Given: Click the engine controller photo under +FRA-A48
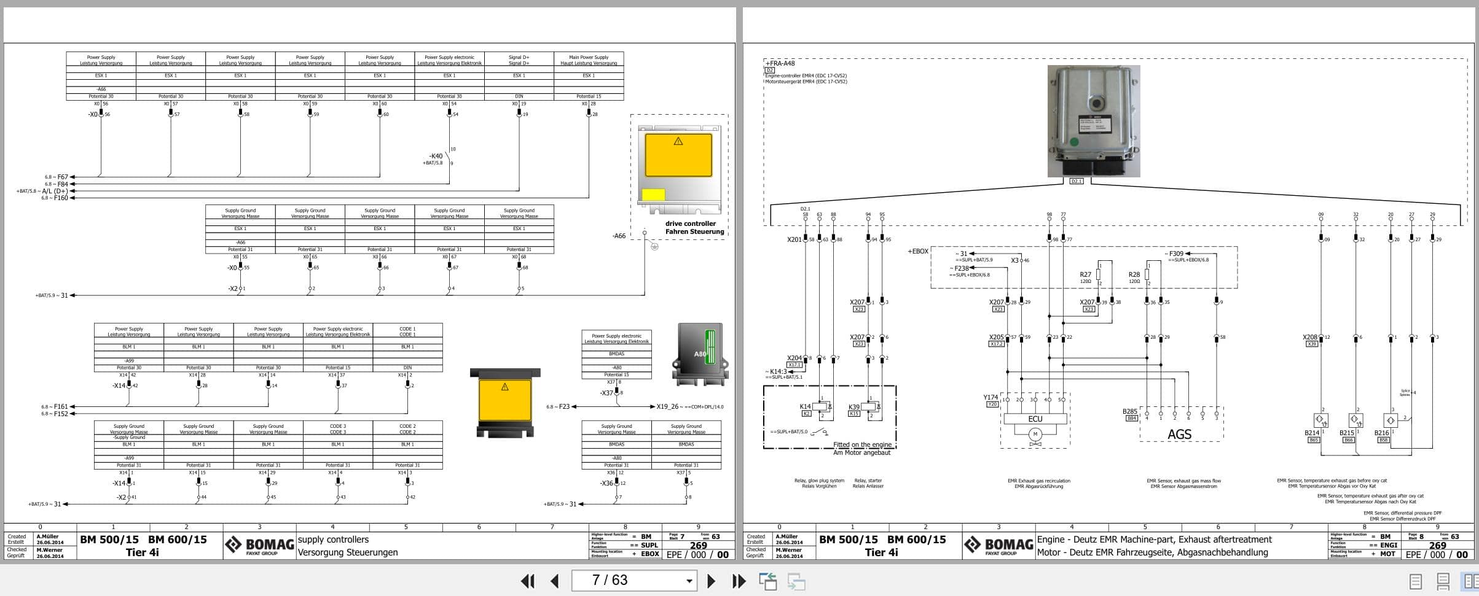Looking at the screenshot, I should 1093,121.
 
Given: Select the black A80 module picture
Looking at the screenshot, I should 700,354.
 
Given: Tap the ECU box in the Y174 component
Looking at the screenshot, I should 1035,419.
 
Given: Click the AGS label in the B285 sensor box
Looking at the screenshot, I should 1179,434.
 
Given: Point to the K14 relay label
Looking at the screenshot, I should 805,406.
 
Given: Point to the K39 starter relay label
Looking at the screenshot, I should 853,407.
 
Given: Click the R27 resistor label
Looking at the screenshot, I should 1085,274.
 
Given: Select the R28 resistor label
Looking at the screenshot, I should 1134,274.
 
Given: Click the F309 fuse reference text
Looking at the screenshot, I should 1175,253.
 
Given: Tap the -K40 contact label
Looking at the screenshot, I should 436,157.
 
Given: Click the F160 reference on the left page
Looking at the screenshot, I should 61,198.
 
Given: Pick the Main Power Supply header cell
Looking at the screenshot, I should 589,60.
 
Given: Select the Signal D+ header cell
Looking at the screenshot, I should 519,60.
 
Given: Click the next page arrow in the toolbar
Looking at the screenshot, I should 711,581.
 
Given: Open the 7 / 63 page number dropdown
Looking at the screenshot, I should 689,581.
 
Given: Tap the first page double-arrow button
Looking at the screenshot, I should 527,581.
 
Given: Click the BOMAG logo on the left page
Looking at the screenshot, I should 259,545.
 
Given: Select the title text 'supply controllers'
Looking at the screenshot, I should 333,540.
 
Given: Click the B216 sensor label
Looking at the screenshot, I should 1381,433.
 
